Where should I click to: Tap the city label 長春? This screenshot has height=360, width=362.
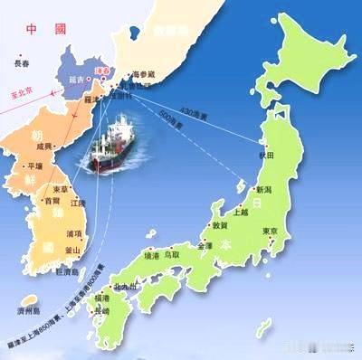(x=22, y=64)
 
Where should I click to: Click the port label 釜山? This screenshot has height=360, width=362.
(x=73, y=249)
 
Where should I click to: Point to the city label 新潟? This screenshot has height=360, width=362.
(x=263, y=190)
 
